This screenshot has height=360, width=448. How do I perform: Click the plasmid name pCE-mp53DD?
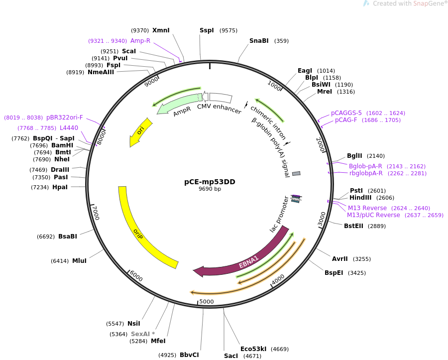click(210, 182)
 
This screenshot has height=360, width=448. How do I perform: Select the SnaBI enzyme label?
click(259, 40)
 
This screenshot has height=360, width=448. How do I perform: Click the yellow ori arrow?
click(140, 132)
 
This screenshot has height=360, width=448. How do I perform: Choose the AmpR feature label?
click(182, 112)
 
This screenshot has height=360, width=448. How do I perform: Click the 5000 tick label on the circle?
click(206, 301)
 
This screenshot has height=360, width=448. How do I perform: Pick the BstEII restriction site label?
click(353, 226)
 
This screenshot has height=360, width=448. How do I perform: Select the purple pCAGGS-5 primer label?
click(346, 113)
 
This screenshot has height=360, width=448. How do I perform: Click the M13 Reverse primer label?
click(367, 208)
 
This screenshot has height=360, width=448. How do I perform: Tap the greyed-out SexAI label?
click(140, 334)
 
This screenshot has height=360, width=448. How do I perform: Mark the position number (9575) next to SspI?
click(228, 30)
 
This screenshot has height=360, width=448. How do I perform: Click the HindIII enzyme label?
click(360, 198)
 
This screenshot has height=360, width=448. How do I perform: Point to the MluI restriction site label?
click(80, 260)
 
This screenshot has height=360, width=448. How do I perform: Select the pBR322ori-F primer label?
click(65, 118)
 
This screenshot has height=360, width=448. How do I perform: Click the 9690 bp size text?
click(210, 189)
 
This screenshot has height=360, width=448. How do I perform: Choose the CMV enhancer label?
click(220, 109)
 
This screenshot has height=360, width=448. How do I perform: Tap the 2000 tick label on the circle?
click(321, 144)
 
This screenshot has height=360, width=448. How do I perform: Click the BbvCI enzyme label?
click(189, 355)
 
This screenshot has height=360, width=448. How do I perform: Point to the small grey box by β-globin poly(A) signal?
click(296, 173)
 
